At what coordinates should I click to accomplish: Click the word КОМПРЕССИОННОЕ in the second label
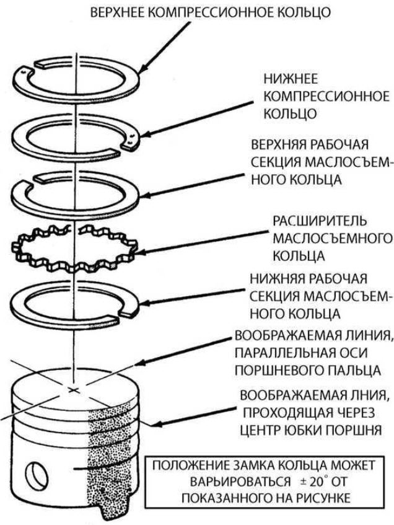click(x=326, y=98)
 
